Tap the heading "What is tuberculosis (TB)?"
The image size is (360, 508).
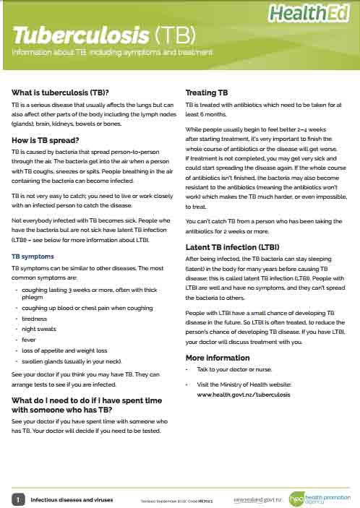pos(60,92)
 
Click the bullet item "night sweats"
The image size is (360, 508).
pos(41,328)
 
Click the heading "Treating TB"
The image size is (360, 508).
pos(207,92)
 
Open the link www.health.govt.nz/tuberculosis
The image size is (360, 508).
pos(243,395)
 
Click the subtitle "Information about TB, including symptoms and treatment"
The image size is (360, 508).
pos(112,53)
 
